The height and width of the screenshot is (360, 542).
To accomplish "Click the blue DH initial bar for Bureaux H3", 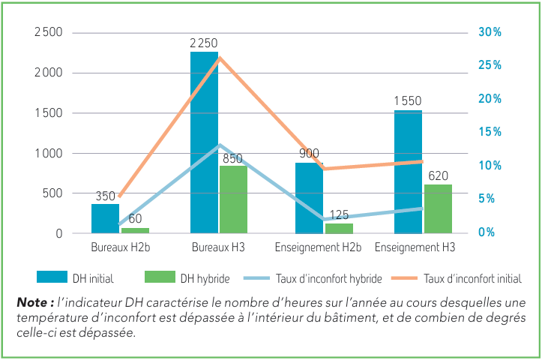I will coord(204,142).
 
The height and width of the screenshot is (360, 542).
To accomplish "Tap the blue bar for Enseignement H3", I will coord(408,172).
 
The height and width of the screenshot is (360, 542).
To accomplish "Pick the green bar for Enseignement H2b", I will coord(339,228).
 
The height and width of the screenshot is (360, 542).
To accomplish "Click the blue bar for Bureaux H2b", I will coord(105,218).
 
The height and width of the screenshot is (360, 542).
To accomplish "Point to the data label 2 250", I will coord(204,44).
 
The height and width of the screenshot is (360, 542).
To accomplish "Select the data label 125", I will coord(340,215).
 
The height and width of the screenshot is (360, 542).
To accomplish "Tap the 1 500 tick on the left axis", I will coord(48,113).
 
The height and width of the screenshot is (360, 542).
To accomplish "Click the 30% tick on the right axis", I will coord(490,32).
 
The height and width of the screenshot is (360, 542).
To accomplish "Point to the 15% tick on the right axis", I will coord(490,132).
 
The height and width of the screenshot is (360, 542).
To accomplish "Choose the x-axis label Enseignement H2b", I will coord(319,247).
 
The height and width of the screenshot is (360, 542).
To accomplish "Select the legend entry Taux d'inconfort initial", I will coord(473,278).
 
